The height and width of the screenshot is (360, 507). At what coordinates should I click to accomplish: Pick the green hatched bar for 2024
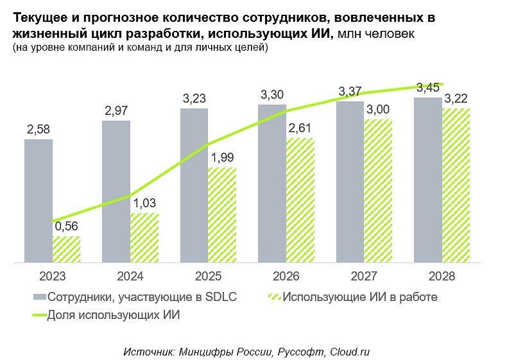click(144, 237)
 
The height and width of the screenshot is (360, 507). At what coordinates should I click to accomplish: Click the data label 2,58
click(39, 130)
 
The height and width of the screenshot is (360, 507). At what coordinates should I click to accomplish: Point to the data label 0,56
click(67, 227)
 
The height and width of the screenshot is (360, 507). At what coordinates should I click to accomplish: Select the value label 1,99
click(223, 159)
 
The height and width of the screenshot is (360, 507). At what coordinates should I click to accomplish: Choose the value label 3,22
click(456, 99)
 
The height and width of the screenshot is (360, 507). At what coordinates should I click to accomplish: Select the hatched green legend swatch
click(273, 297)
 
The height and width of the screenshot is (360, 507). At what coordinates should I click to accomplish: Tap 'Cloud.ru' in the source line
click(350, 352)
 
